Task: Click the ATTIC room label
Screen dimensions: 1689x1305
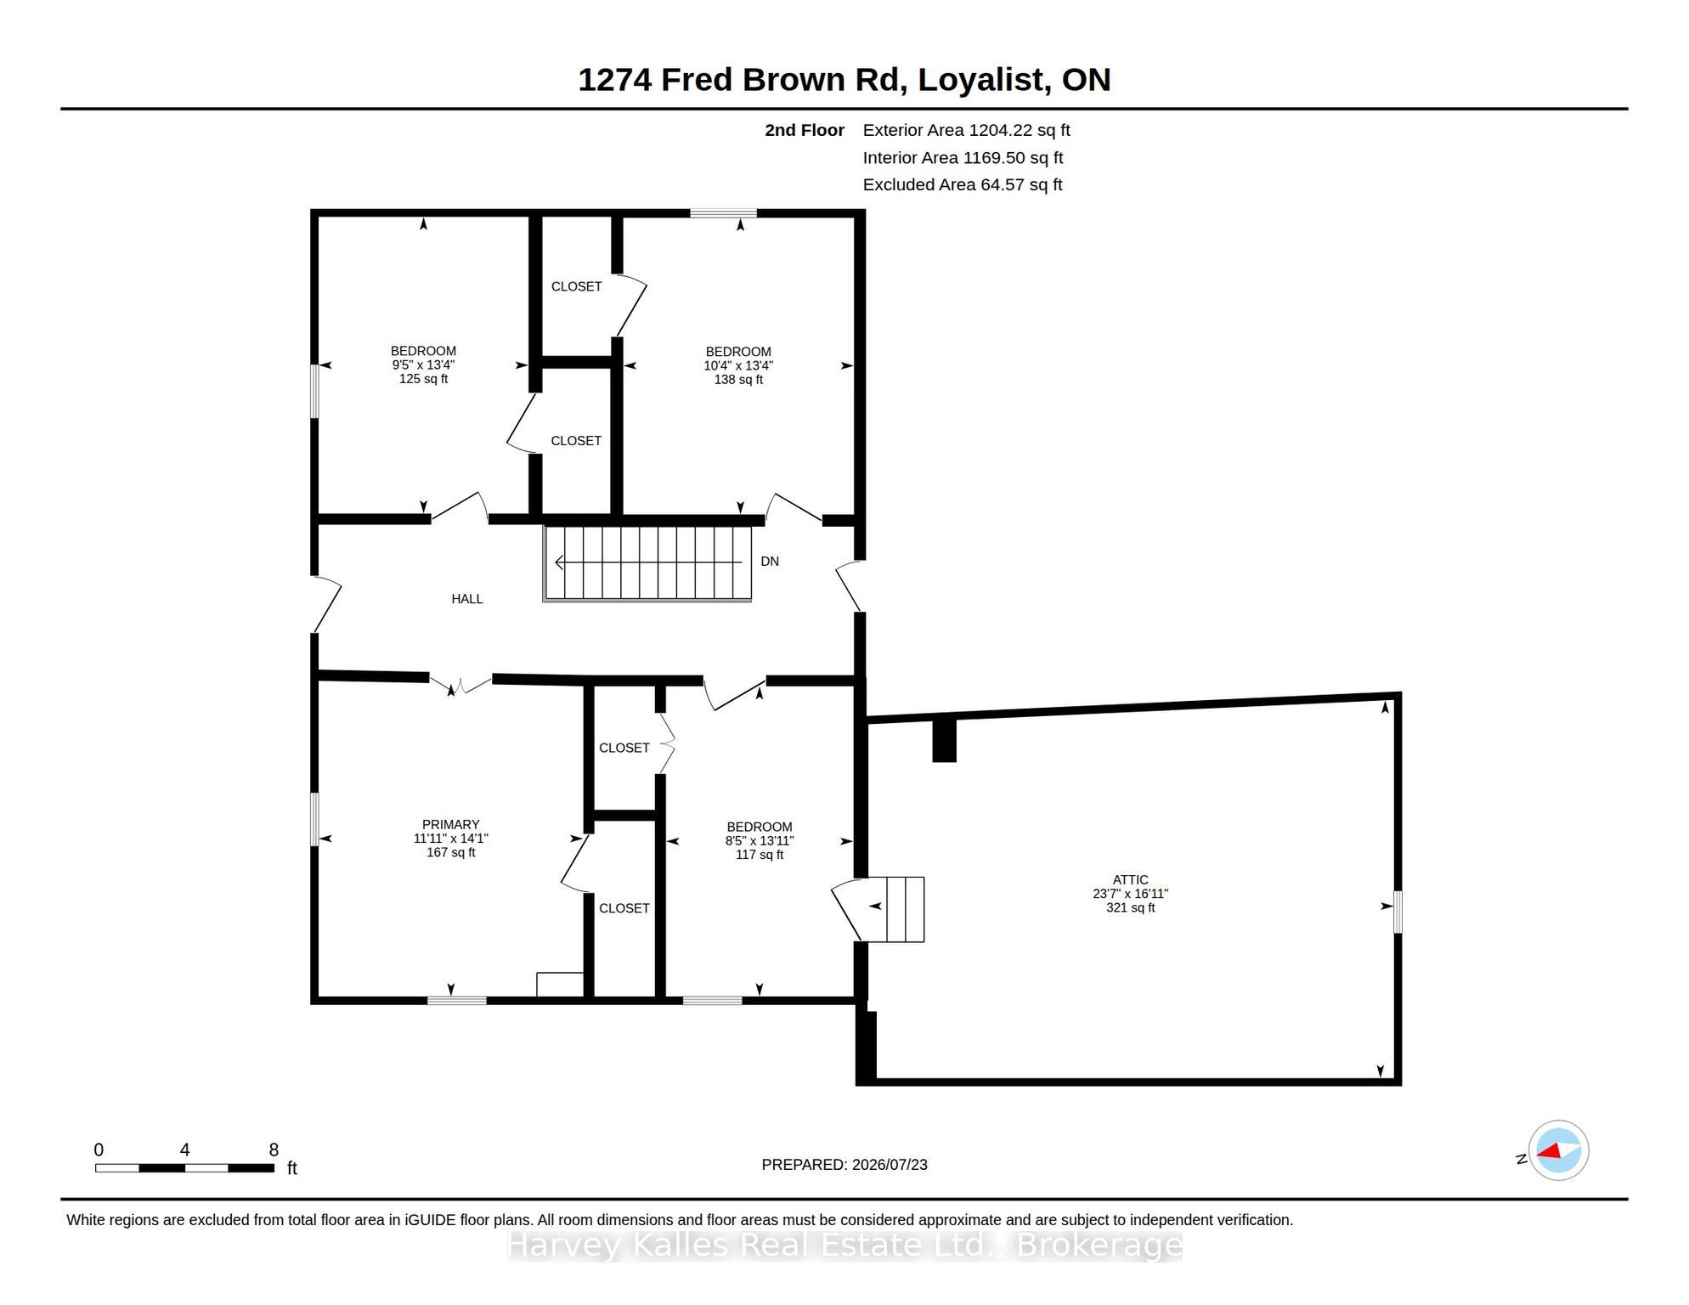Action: point(1130,880)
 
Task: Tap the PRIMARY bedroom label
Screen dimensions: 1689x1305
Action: point(450,824)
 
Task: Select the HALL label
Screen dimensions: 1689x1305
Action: point(466,599)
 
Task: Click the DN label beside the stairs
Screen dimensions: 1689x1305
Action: point(770,562)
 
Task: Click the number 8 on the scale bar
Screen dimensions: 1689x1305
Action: point(274,1150)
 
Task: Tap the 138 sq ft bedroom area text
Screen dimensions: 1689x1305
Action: point(738,380)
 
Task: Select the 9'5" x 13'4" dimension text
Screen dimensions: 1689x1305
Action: point(423,364)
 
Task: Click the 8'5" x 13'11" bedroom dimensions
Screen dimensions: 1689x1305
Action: point(759,840)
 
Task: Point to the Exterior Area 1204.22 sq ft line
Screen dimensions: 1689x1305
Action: point(966,130)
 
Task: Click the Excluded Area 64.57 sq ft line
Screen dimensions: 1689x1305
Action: point(963,184)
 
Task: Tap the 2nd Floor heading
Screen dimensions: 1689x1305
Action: point(805,130)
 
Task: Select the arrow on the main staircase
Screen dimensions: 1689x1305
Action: point(648,562)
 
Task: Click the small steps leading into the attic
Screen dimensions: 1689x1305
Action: point(905,909)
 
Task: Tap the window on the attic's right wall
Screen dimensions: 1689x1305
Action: point(1398,912)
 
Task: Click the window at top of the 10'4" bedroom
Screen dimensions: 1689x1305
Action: point(723,213)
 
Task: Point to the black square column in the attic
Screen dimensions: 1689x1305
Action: point(945,740)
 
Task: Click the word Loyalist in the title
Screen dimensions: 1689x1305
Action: point(980,79)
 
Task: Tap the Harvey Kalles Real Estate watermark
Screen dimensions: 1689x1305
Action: point(844,1246)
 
